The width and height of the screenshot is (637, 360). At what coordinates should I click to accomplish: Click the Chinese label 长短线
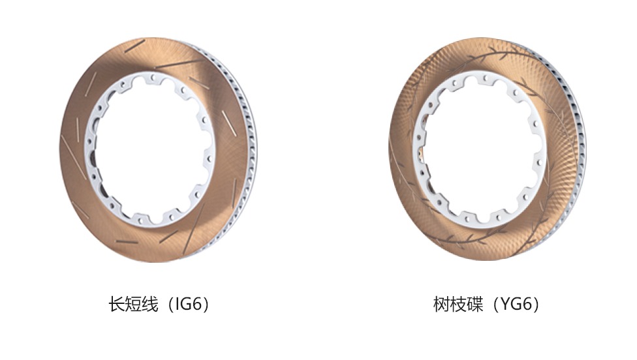click(133, 304)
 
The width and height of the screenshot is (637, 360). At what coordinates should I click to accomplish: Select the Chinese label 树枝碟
click(458, 304)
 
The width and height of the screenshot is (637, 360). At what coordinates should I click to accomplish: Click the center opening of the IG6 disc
click(149, 148)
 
